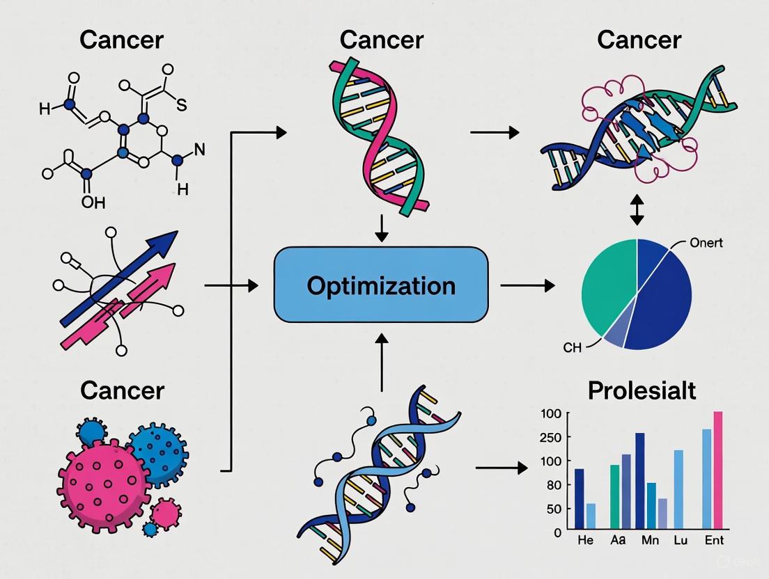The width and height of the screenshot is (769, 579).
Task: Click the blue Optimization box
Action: coord(381,285)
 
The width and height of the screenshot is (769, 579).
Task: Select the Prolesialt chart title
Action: coord(642,390)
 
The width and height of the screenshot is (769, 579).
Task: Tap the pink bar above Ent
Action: coord(718,471)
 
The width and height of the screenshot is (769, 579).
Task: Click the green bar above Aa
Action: coord(614,498)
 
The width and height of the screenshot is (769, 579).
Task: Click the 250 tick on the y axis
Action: coord(550,437)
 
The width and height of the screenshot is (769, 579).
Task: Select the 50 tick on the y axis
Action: coord(552,509)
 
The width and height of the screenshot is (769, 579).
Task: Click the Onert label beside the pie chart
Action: coord(705,244)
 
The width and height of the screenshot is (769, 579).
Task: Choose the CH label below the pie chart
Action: coord(571,347)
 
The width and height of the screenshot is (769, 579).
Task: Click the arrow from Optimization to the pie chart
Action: coord(527,285)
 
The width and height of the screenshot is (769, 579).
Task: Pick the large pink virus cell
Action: coord(102,478)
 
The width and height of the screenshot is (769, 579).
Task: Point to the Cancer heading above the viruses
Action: coord(122,390)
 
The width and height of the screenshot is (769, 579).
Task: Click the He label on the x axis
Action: coord(585,541)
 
